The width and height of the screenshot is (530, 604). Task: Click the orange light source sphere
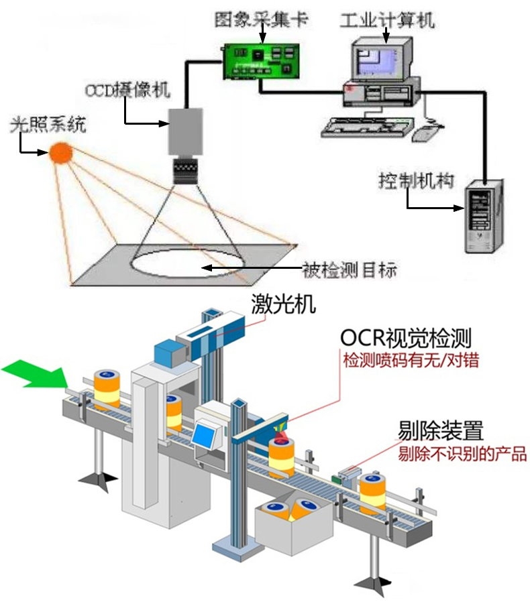61,153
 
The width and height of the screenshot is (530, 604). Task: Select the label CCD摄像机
127,90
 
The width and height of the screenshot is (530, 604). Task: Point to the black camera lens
184,170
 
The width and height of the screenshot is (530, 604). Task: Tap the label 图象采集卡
261,19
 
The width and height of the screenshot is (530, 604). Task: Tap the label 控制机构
416,181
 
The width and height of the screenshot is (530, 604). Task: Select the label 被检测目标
350,270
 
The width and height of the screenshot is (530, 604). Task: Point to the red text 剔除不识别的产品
462,454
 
